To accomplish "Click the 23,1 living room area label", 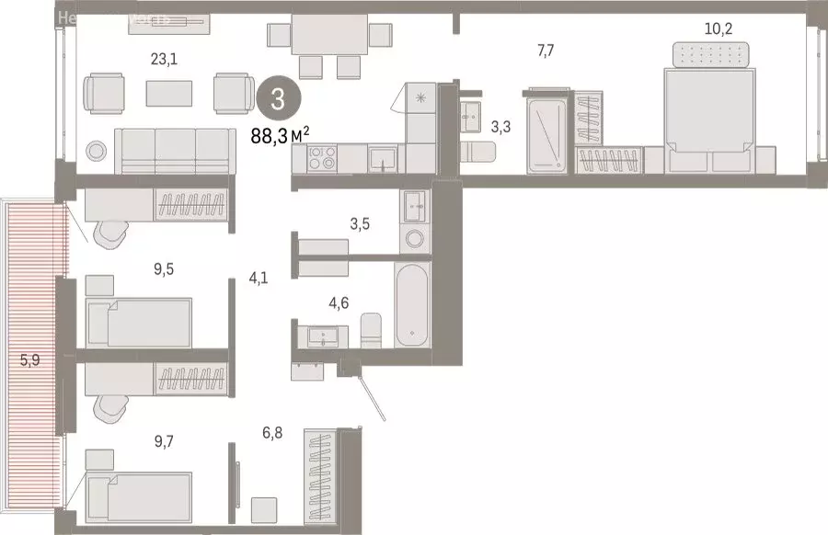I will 164,60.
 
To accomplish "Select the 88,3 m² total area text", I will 280,136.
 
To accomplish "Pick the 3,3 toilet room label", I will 500,127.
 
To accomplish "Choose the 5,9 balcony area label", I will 29,360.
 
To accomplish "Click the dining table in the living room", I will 328,37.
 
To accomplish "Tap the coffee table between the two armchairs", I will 169,93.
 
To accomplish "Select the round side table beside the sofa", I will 96,151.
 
